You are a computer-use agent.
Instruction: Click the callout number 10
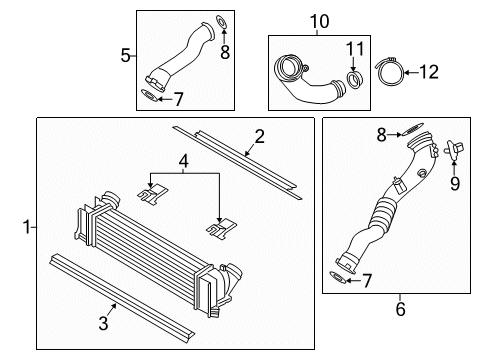(320, 21)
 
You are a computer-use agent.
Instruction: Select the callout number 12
(429, 72)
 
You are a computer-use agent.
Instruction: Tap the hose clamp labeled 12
(390, 71)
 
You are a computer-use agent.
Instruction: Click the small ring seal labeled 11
(354, 80)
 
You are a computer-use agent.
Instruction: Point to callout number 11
(355, 49)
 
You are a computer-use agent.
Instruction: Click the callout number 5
(125, 55)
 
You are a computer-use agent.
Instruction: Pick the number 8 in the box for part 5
(225, 52)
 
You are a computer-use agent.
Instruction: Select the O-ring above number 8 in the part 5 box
(222, 22)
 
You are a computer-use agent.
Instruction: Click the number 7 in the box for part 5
(179, 99)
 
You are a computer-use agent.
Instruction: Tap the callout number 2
(259, 136)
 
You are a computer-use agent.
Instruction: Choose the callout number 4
(183, 162)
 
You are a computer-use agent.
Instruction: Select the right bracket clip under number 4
(221, 228)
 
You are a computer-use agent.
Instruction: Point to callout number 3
(103, 323)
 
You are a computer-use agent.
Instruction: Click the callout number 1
(27, 227)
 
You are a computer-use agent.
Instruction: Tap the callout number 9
(455, 183)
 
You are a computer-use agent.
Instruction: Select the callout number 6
(400, 309)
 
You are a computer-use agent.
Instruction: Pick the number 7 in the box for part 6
(367, 281)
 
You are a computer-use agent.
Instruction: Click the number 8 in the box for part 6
(382, 135)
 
